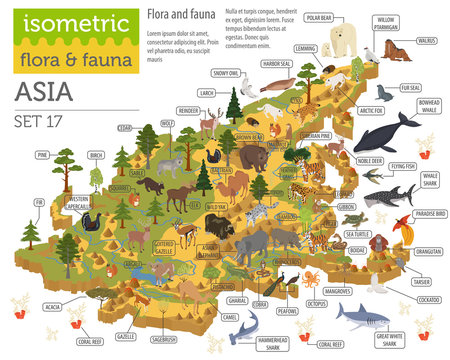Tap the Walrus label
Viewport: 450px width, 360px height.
(425, 41)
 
